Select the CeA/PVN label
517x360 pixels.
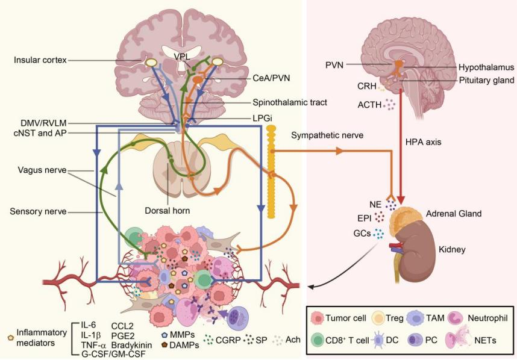269,78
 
